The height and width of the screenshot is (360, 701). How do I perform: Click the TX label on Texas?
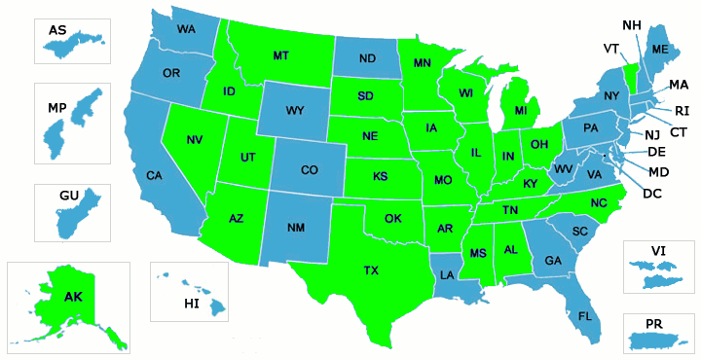coord(371,270)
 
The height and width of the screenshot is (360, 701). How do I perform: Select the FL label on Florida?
coord(585,316)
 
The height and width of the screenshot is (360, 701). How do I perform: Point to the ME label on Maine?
coord(660,49)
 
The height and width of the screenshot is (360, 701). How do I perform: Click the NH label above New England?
coord(631,24)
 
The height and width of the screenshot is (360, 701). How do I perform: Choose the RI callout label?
coord(682,110)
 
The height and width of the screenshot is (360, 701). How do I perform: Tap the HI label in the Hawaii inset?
coord(192,304)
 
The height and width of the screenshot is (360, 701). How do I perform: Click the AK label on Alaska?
coord(73,297)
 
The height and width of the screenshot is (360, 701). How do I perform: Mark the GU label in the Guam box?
coord(68,196)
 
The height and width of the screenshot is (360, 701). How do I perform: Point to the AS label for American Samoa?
coord(57,30)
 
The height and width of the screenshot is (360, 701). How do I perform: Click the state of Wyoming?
coord(294,110)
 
